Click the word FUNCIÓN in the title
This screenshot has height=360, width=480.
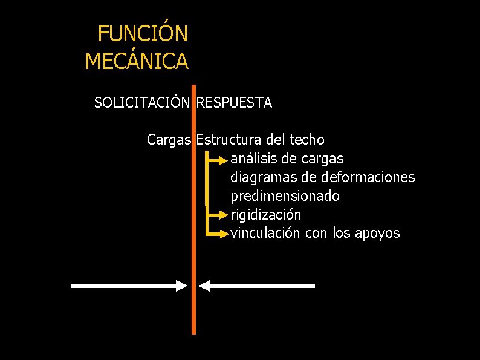click(143, 34)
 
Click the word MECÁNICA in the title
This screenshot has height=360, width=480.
click(137, 61)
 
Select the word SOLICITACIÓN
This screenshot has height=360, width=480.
click(142, 103)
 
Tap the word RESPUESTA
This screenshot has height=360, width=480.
click(235, 103)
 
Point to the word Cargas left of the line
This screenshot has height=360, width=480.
click(169, 140)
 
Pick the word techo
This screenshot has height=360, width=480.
click(307, 140)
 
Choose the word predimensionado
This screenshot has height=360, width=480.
click(285, 197)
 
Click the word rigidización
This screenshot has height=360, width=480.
click(266, 215)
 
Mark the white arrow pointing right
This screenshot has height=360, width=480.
click(130, 286)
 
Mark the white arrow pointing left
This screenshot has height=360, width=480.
click(257, 286)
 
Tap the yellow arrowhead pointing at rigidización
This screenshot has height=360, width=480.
click(225, 215)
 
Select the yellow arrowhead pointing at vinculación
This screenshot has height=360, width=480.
click(225, 234)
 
